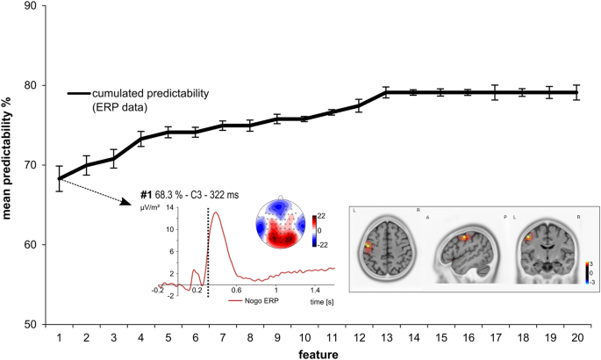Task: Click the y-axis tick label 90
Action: [x=30, y=6]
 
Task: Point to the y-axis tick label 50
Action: [x=30, y=325]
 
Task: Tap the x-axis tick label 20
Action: [x=577, y=338]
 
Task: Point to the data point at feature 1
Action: [x=60, y=178]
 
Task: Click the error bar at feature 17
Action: [x=495, y=92]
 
